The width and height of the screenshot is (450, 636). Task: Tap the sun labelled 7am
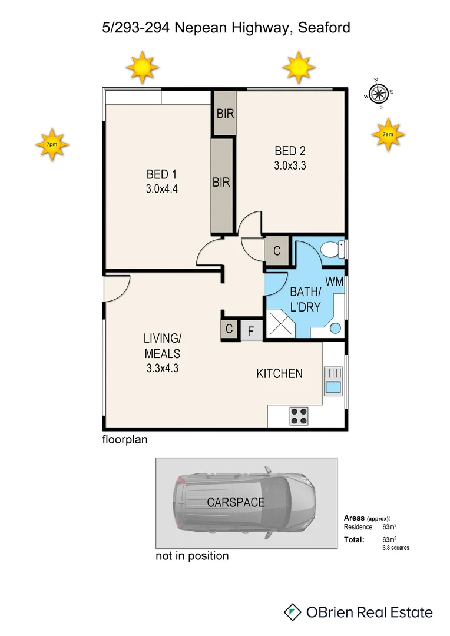click(388, 134)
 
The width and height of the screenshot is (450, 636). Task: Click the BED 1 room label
click(162, 174)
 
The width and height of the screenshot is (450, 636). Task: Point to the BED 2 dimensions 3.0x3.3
click(290, 165)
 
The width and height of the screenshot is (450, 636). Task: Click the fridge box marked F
click(250, 331)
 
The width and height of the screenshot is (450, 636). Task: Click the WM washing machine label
click(335, 281)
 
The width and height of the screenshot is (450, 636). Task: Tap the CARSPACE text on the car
click(236, 502)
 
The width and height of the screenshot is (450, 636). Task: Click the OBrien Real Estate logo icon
click(292, 612)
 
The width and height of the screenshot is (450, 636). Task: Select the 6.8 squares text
click(396, 548)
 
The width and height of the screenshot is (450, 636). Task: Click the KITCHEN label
click(279, 373)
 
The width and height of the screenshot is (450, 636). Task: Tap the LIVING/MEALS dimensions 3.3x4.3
click(162, 369)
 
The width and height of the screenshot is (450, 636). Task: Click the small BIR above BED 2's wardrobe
click(225, 114)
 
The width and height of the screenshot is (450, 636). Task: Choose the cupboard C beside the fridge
click(229, 330)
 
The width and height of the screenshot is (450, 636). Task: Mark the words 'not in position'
click(192, 556)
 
